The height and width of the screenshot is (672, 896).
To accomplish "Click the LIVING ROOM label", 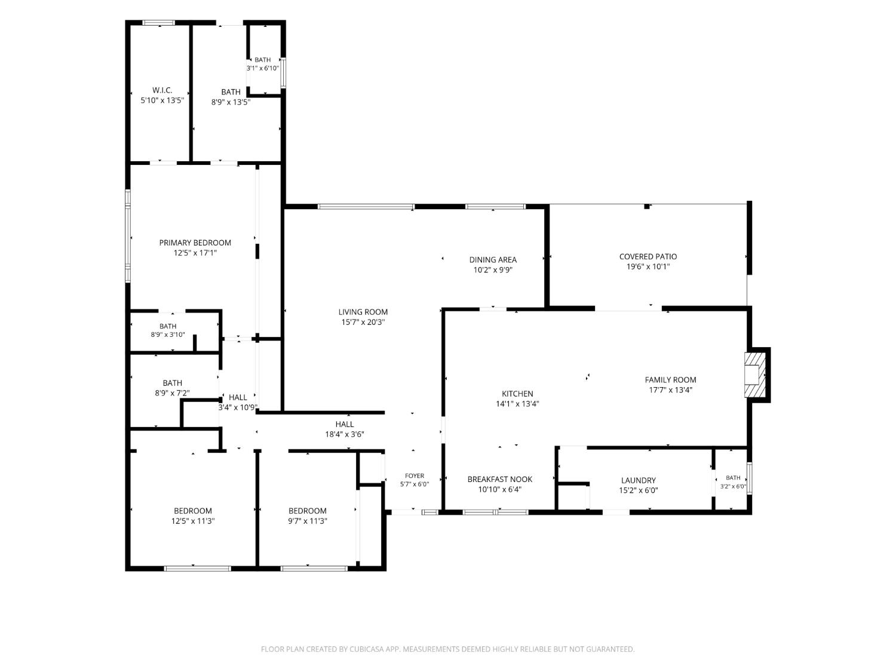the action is [x=363, y=312].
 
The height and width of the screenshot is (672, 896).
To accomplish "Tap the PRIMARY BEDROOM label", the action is [x=195, y=243].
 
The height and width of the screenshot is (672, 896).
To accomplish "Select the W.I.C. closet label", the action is [x=162, y=90].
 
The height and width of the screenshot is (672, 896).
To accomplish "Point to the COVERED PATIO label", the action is [x=648, y=257].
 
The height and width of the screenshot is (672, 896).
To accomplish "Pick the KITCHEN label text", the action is [x=517, y=394].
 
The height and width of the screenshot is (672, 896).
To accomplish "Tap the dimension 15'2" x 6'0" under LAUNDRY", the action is [x=639, y=490].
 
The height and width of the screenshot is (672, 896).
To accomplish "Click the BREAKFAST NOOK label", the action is [x=499, y=480].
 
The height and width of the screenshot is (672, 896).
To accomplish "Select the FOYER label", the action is [x=415, y=475].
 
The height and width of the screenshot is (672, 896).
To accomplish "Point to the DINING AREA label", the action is [x=493, y=260].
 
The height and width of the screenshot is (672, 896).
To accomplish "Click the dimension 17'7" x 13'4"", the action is [x=671, y=390].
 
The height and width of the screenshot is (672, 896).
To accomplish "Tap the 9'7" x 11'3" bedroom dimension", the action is [x=308, y=521].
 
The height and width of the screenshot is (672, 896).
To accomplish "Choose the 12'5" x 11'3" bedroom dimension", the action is [x=193, y=521].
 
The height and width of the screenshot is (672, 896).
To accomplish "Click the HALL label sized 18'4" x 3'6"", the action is [x=345, y=424].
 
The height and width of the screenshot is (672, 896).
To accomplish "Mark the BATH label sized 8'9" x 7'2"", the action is [x=172, y=383].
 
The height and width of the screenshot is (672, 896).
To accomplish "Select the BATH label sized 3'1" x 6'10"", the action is [x=262, y=60].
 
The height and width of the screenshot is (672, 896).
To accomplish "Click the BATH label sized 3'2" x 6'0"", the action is [x=733, y=478].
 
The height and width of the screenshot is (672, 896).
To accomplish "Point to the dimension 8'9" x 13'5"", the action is [x=231, y=102].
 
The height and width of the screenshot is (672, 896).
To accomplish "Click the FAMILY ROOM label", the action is [x=671, y=380].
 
